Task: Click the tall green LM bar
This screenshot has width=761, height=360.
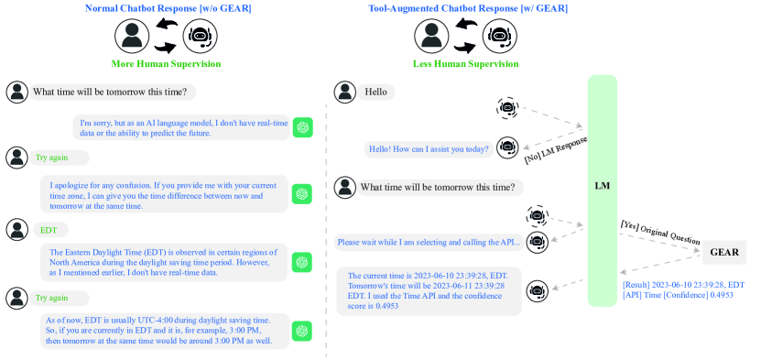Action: (x=602, y=191)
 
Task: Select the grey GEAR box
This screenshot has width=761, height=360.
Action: (x=724, y=252)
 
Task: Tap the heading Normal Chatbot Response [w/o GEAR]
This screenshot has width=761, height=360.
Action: (x=169, y=8)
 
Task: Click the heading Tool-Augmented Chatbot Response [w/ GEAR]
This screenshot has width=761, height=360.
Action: (x=467, y=8)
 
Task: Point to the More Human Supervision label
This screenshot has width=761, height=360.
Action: (x=166, y=64)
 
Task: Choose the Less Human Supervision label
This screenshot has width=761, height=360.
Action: (x=466, y=64)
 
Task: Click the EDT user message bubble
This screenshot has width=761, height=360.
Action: (x=50, y=230)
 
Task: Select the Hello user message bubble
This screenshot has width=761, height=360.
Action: (x=376, y=93)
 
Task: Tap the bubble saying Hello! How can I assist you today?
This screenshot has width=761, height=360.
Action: (x=429, y=149)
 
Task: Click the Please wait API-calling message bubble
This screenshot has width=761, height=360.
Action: (x=429, y=242)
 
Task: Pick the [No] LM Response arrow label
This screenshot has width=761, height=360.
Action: (x=556, y=150)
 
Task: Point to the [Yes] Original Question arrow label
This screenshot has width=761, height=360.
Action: (x=660, y=233)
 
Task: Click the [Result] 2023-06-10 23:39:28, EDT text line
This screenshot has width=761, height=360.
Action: (x=683, y=285)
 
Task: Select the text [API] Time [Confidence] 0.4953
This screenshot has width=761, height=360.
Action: (x=678, y=295)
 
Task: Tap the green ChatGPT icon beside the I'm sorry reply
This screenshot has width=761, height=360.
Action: (x=303, y=127)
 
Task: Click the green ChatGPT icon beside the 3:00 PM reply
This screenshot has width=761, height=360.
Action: (x=302, y=332)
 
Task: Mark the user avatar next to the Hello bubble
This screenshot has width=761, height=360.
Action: (x=345, y=93)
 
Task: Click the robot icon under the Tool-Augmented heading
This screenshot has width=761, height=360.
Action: (x=499, y=37)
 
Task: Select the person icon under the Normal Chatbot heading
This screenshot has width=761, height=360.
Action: (x=132, y=37)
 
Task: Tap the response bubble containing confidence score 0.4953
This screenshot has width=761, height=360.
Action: (x=429, y=291)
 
